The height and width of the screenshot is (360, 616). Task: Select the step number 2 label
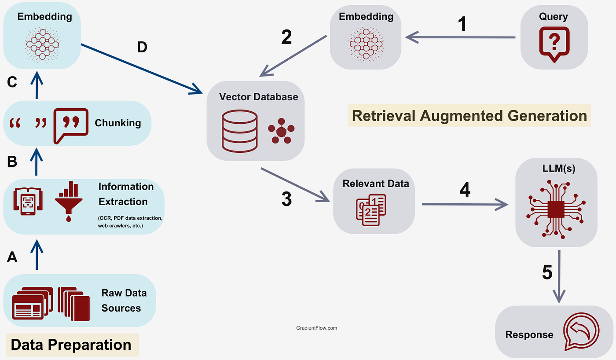click(x=286, y=37)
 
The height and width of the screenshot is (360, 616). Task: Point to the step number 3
click(x=286, y=199)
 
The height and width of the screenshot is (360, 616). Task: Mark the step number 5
click(x=547, y=272)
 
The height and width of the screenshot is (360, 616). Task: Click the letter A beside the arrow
click(x=12, y=257)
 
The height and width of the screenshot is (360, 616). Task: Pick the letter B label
click(x=12, y=162)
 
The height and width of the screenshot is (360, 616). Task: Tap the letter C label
click(x=12, y=82)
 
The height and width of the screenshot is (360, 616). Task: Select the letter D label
click(x=142, y=48)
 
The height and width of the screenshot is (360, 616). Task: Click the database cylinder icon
click(x=239, y=131)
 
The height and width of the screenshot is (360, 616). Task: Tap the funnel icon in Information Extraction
click(x=69, y=200)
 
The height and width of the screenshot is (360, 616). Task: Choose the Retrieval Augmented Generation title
click(x=469, y=116)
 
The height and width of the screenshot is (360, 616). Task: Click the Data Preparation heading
click(x=71, y=345)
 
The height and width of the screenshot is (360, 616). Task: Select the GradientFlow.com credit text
click(x=317, y=328)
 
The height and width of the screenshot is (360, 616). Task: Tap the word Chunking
click(x=118, y=123)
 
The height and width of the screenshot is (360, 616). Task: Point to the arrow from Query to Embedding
click(x=460, y=38)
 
